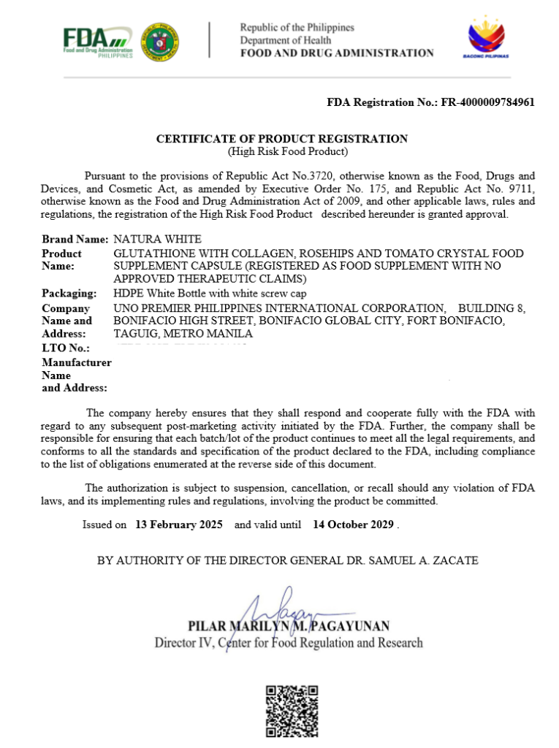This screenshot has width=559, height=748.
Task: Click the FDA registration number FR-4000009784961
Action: [487, 102]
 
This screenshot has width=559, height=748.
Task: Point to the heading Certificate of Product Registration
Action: [282, 139]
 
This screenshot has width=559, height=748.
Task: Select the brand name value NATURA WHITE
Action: [158, 239]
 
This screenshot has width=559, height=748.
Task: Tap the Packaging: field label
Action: [69, 293]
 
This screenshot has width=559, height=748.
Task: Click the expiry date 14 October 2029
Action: [354, 524]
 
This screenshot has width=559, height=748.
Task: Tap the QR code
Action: [292, 711]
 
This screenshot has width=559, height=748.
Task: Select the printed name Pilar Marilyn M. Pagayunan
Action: [289, 626]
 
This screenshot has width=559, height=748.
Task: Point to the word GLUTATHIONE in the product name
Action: [148, 253]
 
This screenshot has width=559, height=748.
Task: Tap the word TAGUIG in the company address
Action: [136, 334]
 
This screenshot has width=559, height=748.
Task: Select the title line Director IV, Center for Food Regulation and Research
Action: [288, 643]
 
